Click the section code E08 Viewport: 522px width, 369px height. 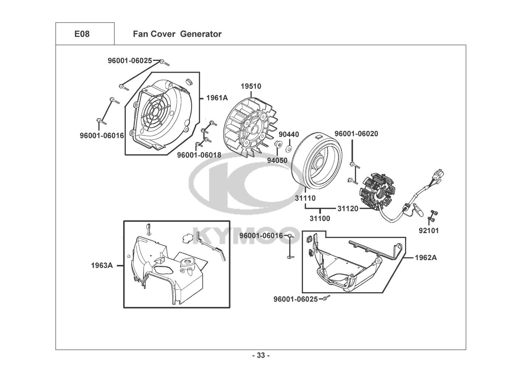coord(82,34)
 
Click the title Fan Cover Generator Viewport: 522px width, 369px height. coord(177,34)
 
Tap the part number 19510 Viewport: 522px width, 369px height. coord(251,86)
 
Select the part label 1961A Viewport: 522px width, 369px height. coord(217,98)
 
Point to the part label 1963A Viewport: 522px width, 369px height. coord(102,265)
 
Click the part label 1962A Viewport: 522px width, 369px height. coord(426,258)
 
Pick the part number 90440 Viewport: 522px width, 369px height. coord(288,134)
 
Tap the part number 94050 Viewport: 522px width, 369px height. coord(278,161)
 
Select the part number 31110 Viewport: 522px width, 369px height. coord(305,198)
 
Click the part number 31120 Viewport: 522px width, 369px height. coord(348,208)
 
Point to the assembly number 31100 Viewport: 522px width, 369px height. coord(319,218)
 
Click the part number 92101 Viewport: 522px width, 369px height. coord(428,231)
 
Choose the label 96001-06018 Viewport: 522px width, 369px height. coord(199,155)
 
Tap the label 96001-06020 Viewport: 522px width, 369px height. coord(356,134)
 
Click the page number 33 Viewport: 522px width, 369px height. coord(261,356)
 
